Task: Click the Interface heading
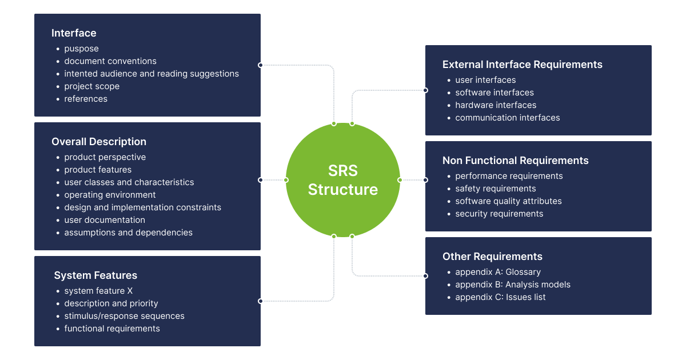pos(74,33)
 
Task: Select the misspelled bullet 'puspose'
pos(81,49)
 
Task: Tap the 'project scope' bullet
pos(91,86)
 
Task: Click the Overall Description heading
pos(99,142)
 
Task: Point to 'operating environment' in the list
pos(110,195)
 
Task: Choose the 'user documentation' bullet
pos(105,220)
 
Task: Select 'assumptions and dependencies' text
pos(128,233)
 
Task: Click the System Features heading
pos(95,275)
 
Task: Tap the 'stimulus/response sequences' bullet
pos(124,316)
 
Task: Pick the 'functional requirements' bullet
pos(112,329)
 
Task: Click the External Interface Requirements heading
pos(522,65)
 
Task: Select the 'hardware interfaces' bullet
pos(496,105)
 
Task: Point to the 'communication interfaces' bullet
pos(508,118)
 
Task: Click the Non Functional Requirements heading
pos(515,161)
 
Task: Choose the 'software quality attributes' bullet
pos(508,201)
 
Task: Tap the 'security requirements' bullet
pos(499,214)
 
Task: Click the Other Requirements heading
pos(492,257)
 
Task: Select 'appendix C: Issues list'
pos(500,297)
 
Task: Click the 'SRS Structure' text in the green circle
pos(342,180)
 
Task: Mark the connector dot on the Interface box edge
pos(261,65)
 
